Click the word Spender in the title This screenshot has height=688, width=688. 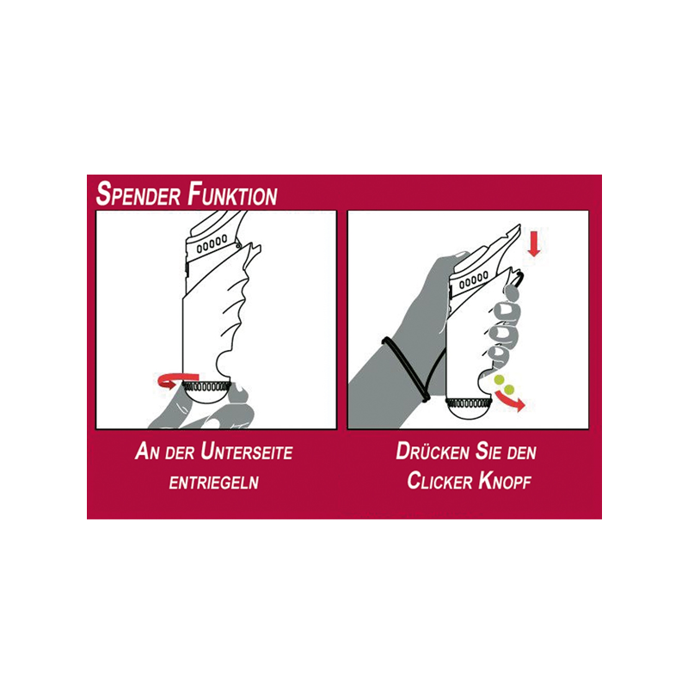tap(138, 194)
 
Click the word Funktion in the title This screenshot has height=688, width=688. tap(232, 194)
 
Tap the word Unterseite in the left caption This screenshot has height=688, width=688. tap(247, 452)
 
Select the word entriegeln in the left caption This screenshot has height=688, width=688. tap(214, 482)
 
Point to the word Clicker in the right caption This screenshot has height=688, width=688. tap(439, 481)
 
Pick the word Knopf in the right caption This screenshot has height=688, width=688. tap(505, 481)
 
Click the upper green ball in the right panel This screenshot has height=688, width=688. tap(499, 379)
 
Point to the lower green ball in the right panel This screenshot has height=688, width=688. tap(509, 389)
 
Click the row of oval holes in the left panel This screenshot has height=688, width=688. tap(212, 244)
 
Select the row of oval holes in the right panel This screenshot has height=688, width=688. tap(474, 280)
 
